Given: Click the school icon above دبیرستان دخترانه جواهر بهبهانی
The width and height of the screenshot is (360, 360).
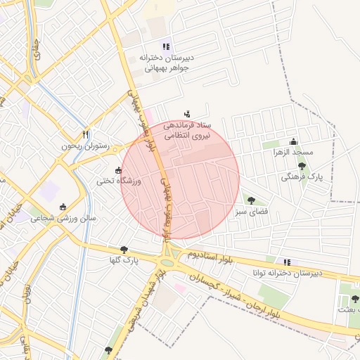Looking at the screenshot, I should point(167,46).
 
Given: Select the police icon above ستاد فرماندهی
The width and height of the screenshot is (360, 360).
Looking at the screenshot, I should point(186,113).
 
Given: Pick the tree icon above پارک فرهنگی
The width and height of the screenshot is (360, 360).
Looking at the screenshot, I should point(302,167).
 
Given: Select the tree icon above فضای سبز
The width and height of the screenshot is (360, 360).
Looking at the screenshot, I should point(251,200).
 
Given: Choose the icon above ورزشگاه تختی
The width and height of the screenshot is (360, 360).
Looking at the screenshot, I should point(118,170).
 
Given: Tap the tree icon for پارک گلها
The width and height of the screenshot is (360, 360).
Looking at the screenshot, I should point(124,250).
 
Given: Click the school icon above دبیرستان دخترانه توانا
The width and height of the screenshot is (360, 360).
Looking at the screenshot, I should point(285,262).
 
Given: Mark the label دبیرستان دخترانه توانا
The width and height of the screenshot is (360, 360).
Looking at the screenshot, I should point(288,272).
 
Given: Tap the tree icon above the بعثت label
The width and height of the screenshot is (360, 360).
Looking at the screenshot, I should point(355,299).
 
